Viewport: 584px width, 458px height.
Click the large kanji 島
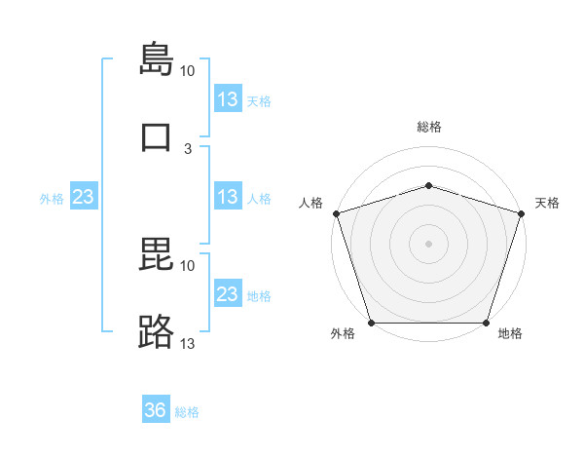click(157, 58)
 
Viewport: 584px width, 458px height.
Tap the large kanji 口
click(156, 136)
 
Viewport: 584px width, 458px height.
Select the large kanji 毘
click(156, 253)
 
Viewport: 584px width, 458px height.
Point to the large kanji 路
click(156, 331)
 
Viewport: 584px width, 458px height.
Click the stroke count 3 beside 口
click(188, 149)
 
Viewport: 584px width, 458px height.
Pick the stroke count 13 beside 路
click(187, 343)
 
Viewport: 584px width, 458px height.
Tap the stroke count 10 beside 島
click(187, 71)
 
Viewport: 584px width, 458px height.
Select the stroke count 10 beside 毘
click(187, 266)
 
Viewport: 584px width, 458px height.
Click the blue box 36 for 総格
click(156, 408)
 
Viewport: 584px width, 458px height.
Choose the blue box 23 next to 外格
click(84, 196)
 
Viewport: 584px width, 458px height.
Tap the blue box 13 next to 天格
click(229, 98)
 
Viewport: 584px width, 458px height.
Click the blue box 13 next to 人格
click(229, 196)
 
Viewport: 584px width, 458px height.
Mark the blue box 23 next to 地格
click(229, 292)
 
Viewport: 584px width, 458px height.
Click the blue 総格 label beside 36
click(187, 412)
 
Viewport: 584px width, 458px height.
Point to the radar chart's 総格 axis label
click(429, 127)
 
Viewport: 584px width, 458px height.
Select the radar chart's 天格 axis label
click(547, 203)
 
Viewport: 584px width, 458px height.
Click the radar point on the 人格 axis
click(337, 213)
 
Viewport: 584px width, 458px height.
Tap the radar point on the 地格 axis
click(486, 323)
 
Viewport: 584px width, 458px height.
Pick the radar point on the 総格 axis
click(428, 185)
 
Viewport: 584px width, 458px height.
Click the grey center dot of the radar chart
click(428, 244)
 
